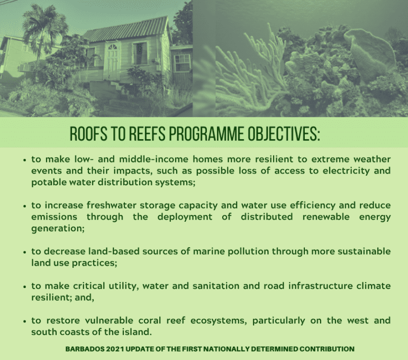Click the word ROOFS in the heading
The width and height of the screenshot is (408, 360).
coord(88,133)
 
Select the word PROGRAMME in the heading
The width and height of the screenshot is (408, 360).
coord(206,133)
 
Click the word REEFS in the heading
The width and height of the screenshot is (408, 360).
coord(147,133)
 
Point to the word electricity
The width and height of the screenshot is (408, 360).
coord(346,171)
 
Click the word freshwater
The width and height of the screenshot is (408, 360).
coord(111,205)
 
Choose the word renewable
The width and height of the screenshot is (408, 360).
coord(326,217)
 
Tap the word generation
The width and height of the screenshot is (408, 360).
coord(57,229)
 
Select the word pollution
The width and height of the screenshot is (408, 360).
coord(248,251)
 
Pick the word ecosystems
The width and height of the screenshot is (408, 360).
coord(218,321)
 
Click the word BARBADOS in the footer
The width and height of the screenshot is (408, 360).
coord(85,349)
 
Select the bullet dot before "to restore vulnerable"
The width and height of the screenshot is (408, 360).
coord(25,321)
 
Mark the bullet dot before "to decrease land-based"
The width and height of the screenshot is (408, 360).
coord(25,252)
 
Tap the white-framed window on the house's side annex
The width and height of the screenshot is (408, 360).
coord(183,62)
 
